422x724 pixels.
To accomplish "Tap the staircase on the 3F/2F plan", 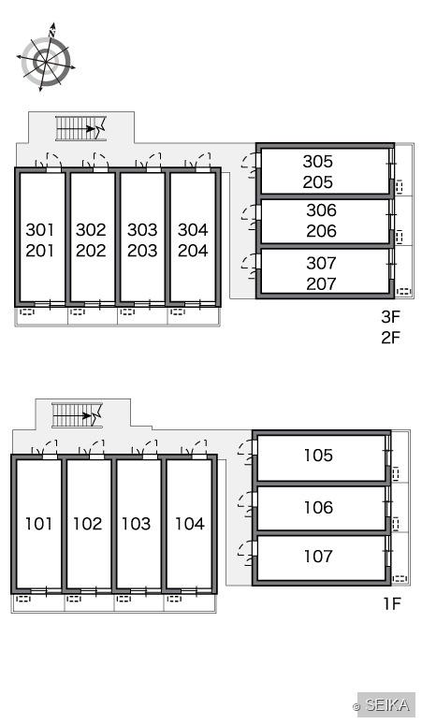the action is tap(80, 128).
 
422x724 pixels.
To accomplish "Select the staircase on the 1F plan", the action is tap(77, 415).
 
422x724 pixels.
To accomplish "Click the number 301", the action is tap(39, 229).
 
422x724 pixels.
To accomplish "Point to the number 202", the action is tap(91, 251).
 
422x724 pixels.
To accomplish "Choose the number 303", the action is tap(142, 229).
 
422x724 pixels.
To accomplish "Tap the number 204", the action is tap(193, 251).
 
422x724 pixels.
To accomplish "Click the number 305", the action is tap(317, 161).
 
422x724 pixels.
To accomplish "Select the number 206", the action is tap(321, 231).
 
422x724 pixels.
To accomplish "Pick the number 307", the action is tap(321, 263).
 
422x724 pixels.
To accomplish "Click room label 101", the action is tap(38, 524).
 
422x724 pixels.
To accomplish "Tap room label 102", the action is tap(87, 524).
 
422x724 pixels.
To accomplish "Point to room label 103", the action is tap(136, 524).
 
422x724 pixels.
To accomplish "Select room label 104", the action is tap(190, 524).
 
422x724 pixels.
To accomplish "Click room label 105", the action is tap(318, 456).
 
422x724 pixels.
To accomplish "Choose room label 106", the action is tap(318, 507).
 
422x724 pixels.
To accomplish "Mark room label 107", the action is tap(318, 556).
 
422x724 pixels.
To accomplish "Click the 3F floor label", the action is tap(390, 317).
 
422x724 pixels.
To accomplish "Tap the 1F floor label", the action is tap(392, 603).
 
